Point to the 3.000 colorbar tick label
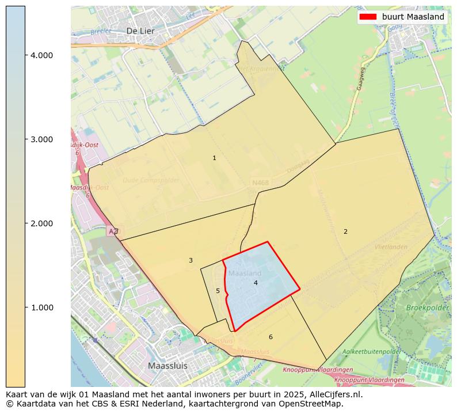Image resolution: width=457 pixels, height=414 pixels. (x=41, y=139)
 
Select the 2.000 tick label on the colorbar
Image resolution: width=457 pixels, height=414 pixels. (x=41, y=223)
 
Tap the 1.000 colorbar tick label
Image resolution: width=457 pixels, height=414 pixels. (x=41, y=307)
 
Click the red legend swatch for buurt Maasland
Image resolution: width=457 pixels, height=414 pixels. (x=368, y=17)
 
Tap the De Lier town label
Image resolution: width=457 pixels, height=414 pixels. (x=139, y=31)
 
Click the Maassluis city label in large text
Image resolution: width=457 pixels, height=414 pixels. (x=167, y=366)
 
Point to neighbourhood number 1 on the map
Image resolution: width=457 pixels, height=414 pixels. (x=214, y=158)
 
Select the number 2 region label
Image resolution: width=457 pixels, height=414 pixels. (x=345, y=231)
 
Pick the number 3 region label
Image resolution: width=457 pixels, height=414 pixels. (x=191, y=260)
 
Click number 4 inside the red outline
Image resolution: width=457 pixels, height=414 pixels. (x=256, y=283)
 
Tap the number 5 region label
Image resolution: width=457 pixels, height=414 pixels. (x=218, y=291)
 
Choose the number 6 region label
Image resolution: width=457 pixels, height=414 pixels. (x=271, y=337)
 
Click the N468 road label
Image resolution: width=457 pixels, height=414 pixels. (x=260, y=183)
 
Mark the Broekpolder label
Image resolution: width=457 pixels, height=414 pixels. (x=428, y=308)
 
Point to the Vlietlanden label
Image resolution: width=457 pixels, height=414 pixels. (x=391, y=246)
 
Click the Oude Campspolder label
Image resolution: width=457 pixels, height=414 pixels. (x=151, y=180)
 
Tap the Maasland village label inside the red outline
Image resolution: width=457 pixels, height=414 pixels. (x=245, y=273)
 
